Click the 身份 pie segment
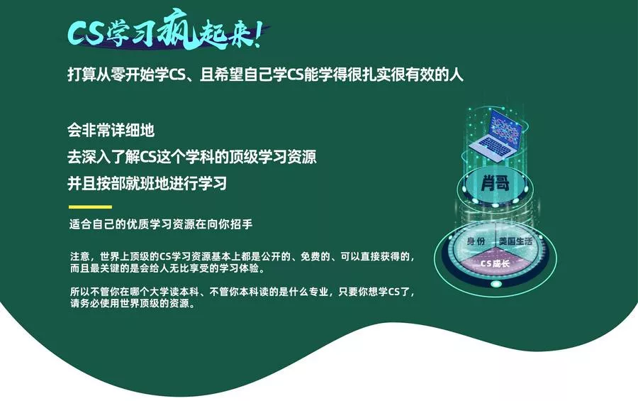(x=476, y=243)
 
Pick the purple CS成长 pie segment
(x=496, y=264)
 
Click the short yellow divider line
(x=89, y=207)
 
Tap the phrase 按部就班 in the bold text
(x=133, y=183)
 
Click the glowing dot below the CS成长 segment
(x=496, y=285)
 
